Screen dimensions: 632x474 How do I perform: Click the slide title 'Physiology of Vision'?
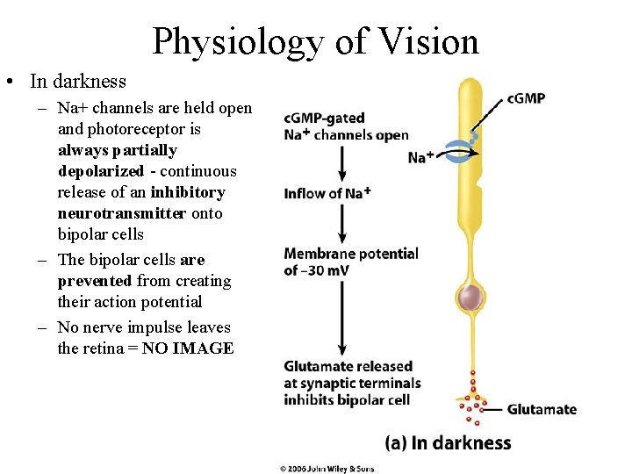(x=315, y=41)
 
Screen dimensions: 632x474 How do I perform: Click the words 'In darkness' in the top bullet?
(x=77, y=82)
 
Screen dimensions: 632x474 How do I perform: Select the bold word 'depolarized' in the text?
(x=97, y=171)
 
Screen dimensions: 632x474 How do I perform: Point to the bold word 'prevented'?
(x=95, y=281)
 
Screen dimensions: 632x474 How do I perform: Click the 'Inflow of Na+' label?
(x=327, y=193)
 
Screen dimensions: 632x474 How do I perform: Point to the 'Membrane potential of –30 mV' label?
(x=350, y=262)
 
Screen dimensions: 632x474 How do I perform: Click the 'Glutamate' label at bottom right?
(x=542, y=409)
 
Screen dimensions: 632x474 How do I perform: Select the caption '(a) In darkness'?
(x=448, y=442)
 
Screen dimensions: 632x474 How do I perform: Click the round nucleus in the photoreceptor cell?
(x=473, y=298)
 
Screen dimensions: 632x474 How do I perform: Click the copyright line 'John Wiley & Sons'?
(x=327, y=469)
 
